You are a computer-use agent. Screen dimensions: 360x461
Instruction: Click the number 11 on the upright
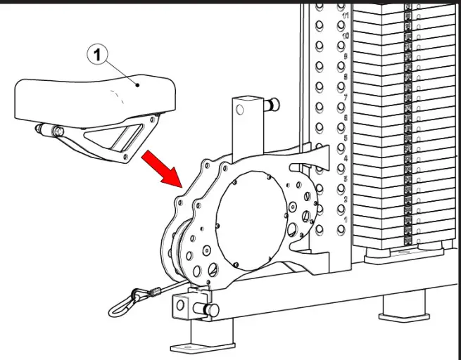[346, 15]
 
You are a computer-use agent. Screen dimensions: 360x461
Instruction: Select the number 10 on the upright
[346, 35]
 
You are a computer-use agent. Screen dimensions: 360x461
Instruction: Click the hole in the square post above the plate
[241, 110]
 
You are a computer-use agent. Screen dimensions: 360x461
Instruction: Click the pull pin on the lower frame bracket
[209, 309]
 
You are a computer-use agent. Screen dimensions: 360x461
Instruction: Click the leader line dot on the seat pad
[139, 85]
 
